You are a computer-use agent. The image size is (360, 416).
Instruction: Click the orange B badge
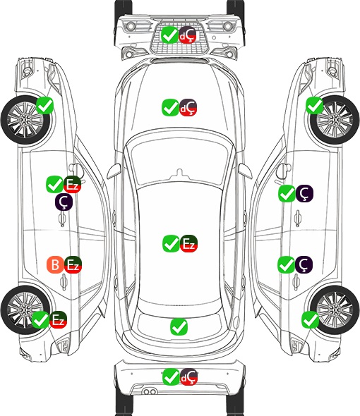(55, 264)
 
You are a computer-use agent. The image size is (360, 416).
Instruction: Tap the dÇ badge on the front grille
(187, 35)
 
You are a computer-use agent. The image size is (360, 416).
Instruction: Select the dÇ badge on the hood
(188, 107)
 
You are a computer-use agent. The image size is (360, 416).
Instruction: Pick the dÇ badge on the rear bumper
(188, 377)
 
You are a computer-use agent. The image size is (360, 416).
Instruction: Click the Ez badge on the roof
(188, 243)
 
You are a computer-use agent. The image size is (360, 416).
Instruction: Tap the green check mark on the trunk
(179, 326)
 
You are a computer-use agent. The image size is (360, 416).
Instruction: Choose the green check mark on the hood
(170, 107)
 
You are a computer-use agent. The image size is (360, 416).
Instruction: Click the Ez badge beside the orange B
(73, 264)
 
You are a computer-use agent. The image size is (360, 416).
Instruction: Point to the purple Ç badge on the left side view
(64, 202)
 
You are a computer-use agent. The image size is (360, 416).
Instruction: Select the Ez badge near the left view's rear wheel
(58, 319)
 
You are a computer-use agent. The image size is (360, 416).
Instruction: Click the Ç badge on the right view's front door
(304, 193)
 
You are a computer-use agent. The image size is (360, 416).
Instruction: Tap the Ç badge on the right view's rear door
(304, 264)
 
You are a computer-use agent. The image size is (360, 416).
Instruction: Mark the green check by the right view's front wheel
(315, 105)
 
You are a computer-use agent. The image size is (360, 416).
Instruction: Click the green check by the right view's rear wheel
(310, 319)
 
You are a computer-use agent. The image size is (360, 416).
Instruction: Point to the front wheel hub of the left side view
(25, 120)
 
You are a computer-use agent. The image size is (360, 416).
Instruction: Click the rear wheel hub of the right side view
(335, 310)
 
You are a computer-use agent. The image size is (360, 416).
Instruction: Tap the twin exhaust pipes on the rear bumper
(150, 391)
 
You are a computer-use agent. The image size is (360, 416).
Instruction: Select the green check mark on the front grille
(169, 35)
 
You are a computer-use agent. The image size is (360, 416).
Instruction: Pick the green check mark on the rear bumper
(171, 377)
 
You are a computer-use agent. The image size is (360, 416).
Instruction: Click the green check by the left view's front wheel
(44, 105)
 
